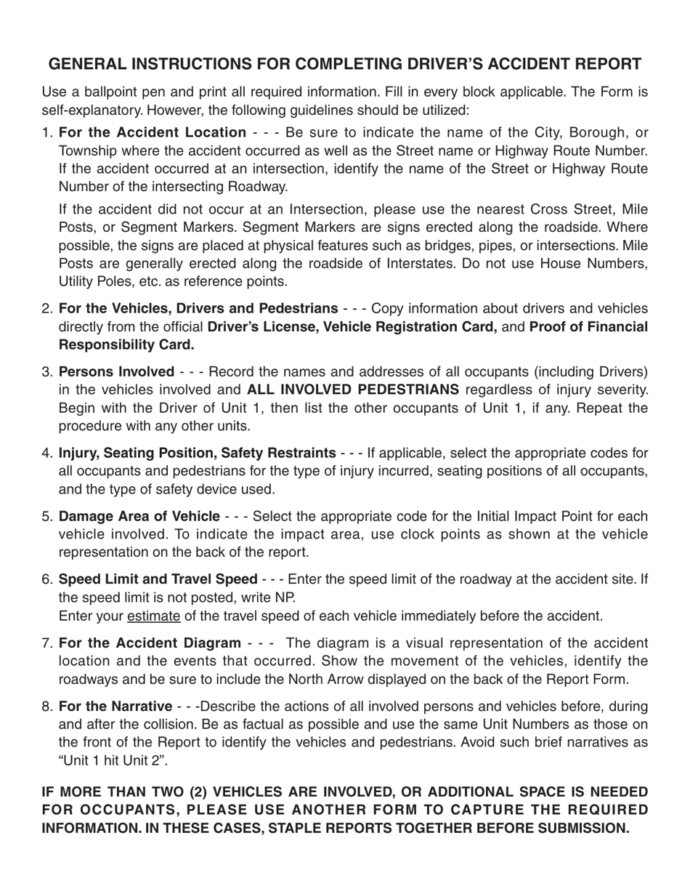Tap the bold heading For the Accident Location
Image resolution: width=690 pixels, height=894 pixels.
(153, 132)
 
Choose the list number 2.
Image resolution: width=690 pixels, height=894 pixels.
(47, 308)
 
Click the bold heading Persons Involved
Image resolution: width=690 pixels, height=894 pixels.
(116, 371)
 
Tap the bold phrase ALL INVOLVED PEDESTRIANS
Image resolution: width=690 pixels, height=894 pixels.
(353, 390)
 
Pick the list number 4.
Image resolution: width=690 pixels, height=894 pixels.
(47, 454)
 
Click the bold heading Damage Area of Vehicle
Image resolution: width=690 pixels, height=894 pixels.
(139, 517)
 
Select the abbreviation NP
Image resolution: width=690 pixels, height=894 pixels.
(285, 597)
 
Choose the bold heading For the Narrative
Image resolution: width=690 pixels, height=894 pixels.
(115, 706)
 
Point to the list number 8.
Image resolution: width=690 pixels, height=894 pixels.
(47, 706)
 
